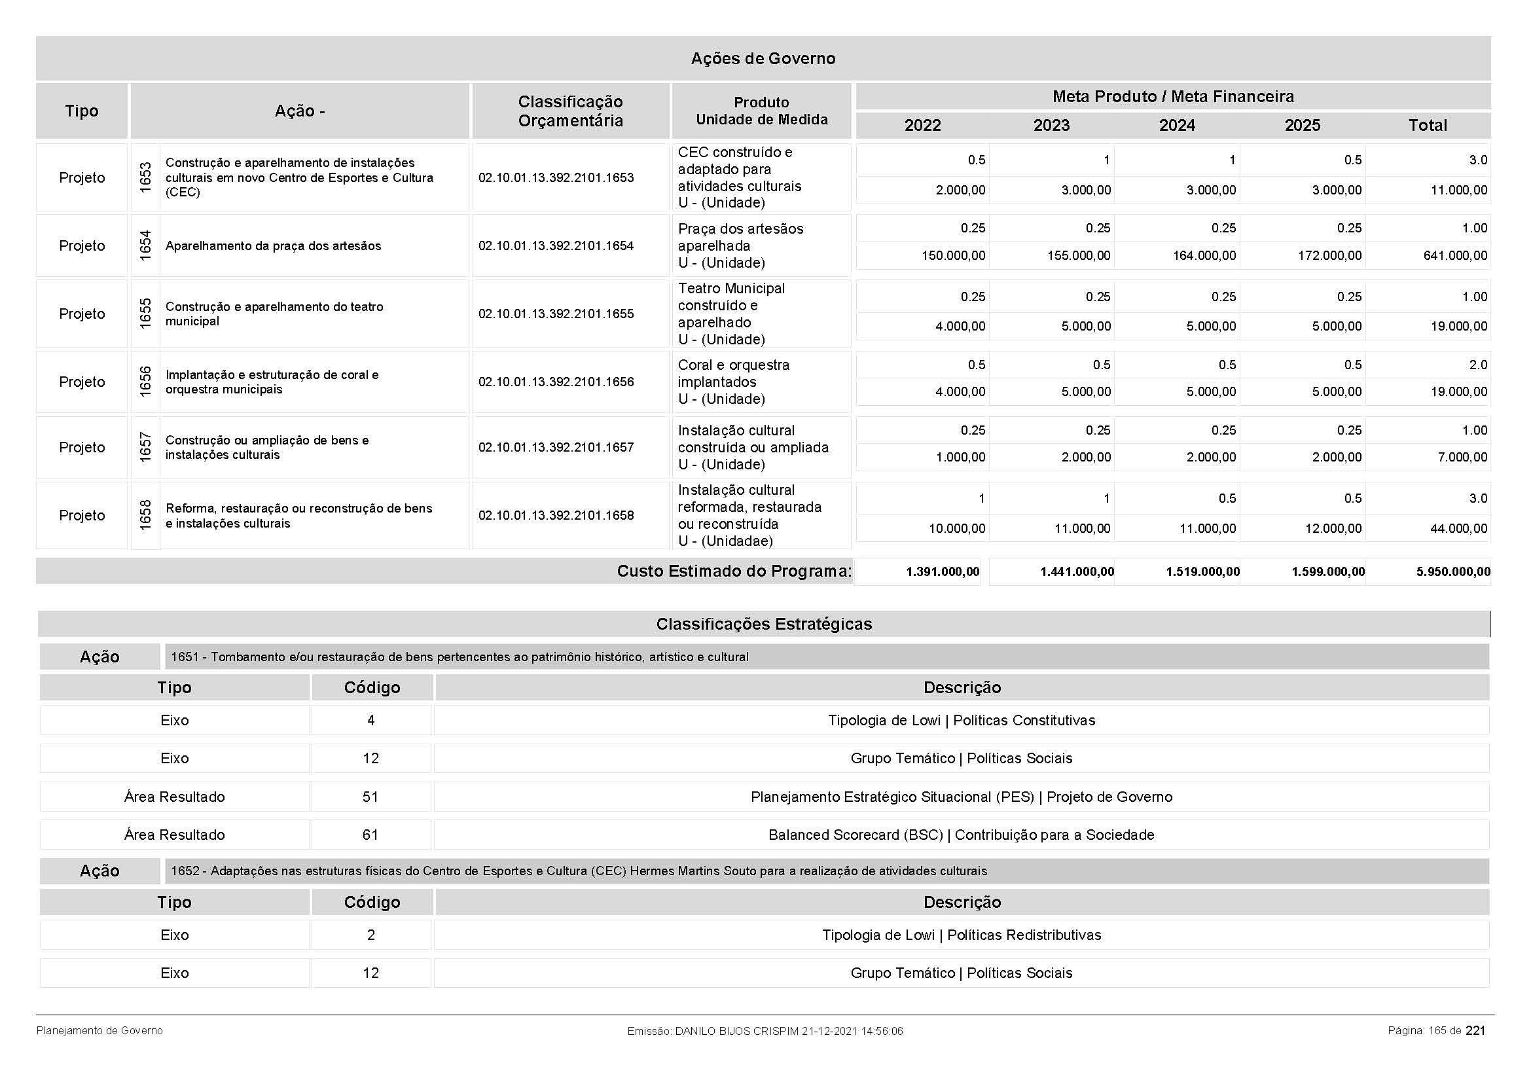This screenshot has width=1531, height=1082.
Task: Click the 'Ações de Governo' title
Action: pos(763,59)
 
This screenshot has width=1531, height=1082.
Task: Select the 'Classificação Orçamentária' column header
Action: pos(570,111)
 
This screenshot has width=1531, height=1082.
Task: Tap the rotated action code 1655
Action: pos(145,314)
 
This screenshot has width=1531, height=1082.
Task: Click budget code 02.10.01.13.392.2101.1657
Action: pos(556,447)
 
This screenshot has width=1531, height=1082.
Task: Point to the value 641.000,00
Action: pos(1455,256)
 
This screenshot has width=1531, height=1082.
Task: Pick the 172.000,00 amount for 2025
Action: pos(1329,256)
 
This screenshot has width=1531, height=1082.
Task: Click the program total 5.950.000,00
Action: pos(1453,572)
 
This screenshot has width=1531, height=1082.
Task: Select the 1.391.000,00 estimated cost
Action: pos(942,572)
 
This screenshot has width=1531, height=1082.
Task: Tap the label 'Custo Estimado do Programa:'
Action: pos(734,571)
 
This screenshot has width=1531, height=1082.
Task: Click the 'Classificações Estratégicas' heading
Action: pos(763,624)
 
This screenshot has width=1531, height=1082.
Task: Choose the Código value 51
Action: pos(370,797)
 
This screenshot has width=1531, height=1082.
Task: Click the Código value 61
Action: pos(370,835)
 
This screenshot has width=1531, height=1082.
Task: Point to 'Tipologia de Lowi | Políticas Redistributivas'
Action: pos(961,935)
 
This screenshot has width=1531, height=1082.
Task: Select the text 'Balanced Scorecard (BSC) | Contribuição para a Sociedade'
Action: pos(961,835)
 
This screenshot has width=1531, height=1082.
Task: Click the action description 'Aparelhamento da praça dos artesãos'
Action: pos(274,246)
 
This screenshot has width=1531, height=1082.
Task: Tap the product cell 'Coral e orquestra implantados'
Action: pos(734,374)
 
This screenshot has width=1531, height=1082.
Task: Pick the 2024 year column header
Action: pos(1177,125)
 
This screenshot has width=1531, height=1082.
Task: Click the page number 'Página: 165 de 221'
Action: pos(1435,1031)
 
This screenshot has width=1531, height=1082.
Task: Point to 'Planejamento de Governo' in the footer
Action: pos(99,1031)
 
